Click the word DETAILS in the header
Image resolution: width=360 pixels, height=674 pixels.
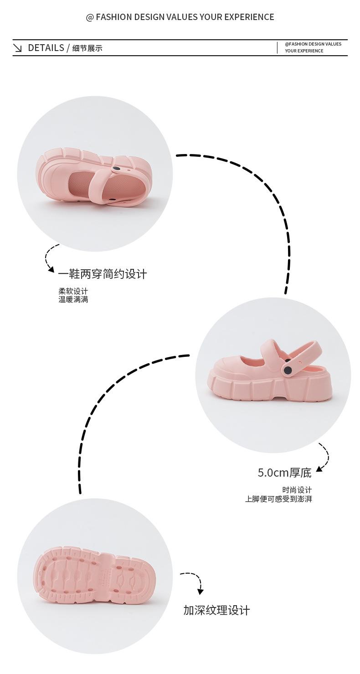(46, 48)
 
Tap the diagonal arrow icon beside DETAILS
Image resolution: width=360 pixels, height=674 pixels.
(18, 48)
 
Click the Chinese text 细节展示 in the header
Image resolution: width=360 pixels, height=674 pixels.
(87, 48)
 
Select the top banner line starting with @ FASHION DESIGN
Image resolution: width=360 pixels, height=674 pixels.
(180, 17)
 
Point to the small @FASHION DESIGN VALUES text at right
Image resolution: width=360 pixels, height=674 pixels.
(313, 44)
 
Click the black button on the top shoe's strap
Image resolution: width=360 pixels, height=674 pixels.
(117, 169)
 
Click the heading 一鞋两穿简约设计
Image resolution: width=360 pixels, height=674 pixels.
(103, 274)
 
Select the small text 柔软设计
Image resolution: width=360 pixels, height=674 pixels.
(73, 291)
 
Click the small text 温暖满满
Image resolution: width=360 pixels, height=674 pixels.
(73, 299)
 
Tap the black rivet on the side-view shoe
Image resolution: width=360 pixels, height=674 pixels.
(288, 370)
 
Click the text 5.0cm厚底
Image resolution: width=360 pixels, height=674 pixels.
(284, 473)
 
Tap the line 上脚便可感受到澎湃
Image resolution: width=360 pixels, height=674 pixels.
(278, 499)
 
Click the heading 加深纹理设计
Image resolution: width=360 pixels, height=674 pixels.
(216, 610)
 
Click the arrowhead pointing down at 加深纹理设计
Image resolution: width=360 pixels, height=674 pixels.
(200, 592)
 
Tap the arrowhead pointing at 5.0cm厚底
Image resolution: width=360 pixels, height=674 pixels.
(319, 468)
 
